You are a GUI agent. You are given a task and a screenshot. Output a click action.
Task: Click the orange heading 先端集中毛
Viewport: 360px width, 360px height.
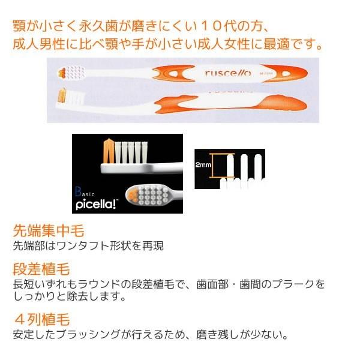point(48,231)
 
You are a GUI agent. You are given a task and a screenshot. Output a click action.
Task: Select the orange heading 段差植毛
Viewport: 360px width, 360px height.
point(41,268)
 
